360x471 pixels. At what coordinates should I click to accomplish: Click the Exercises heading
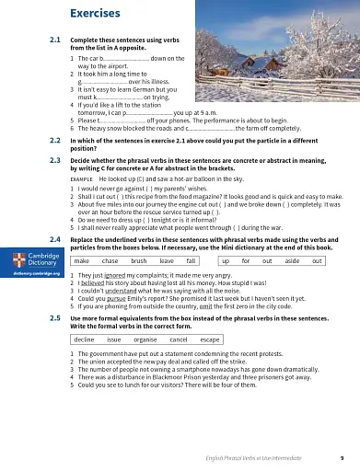(x=98, y=13)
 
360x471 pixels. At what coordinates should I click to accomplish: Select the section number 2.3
(x=54, y=159)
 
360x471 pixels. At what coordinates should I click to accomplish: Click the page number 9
(x=342, y=457)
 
